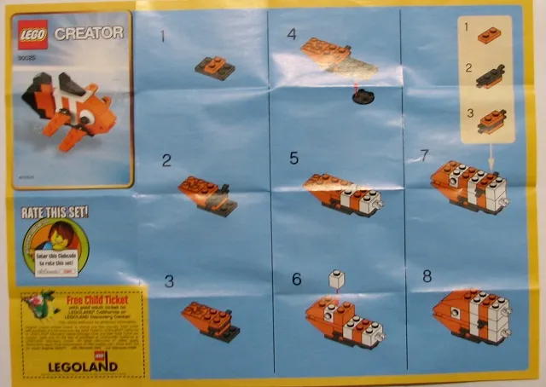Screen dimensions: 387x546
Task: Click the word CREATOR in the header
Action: pos(89,33)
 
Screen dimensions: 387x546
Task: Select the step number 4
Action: pos(292,35)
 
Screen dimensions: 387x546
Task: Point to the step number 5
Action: pos(294,158)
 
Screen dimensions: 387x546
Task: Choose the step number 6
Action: pos(296,279)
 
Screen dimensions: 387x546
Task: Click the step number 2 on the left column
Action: pos(166,159)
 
